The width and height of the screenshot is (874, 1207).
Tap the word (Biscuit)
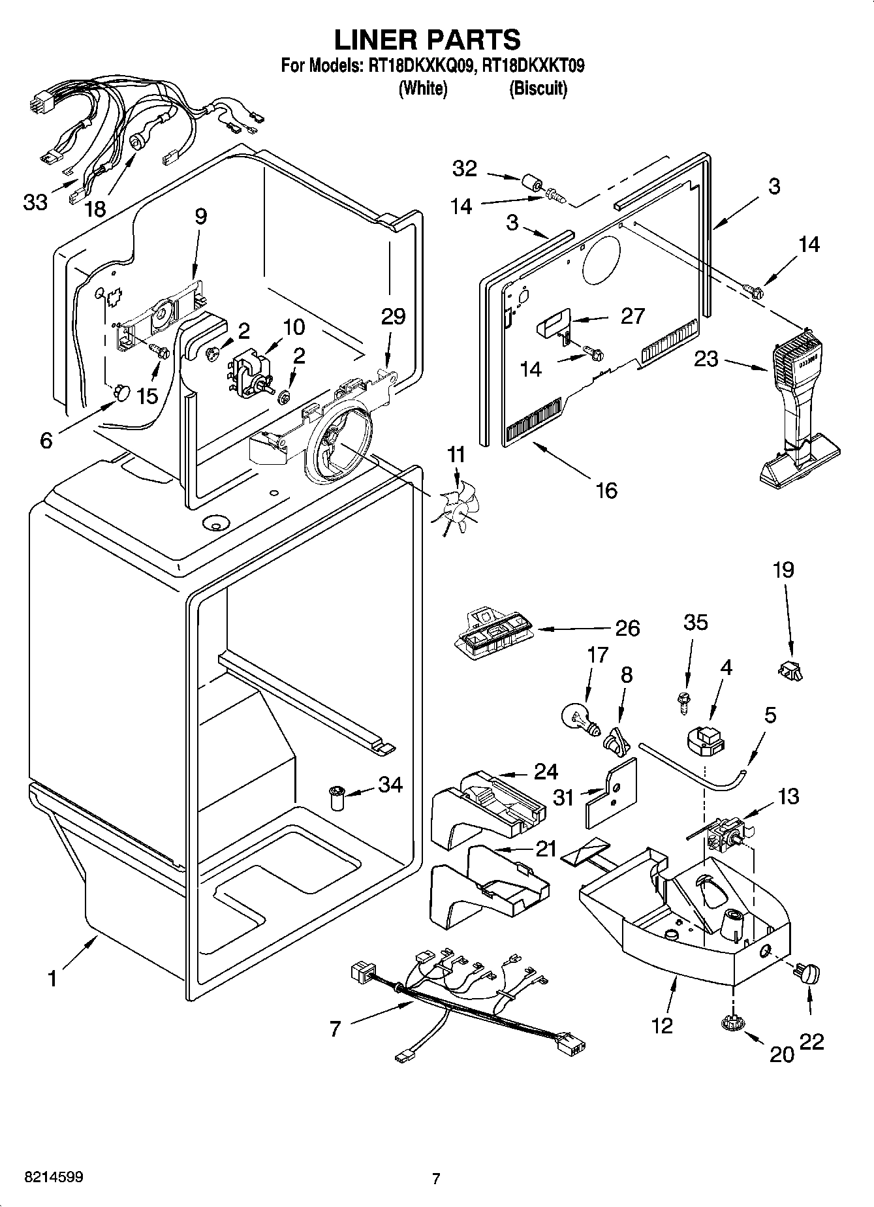click(x=538, y=88)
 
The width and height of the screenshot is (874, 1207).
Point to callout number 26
click(x=627, y=628)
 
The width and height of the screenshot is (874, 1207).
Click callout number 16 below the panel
click(x=606, y=490)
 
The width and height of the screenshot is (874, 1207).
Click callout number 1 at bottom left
click(x=53, y=979)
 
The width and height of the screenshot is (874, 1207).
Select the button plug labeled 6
click(x=121, y=392)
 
